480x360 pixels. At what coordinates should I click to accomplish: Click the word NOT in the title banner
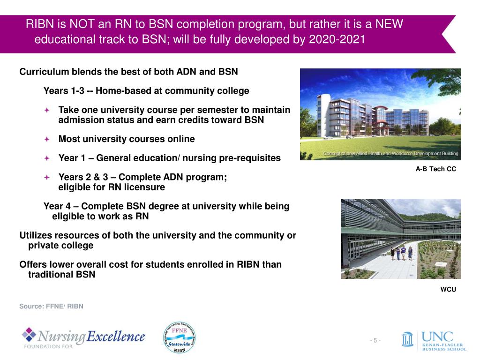pos(81,24)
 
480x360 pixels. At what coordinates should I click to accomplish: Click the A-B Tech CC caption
pos(435,169)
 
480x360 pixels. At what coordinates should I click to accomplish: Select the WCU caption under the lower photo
pos(448,290)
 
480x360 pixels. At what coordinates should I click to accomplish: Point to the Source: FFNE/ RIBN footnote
pos(51,306)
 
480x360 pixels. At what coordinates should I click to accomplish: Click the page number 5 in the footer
pos(375,340)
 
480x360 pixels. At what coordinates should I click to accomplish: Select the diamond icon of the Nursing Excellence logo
pos(29,335)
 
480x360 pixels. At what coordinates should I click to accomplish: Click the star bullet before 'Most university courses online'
pos(47,139)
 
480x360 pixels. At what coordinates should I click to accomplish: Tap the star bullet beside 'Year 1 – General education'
pos(47,158)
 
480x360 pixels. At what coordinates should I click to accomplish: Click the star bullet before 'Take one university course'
pos(47,110)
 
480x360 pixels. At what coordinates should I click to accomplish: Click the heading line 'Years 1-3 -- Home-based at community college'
pos(146,91)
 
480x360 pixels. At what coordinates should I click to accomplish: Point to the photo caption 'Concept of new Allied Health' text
pos(390,154)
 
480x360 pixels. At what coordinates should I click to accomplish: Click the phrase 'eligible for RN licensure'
pos(112,187)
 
